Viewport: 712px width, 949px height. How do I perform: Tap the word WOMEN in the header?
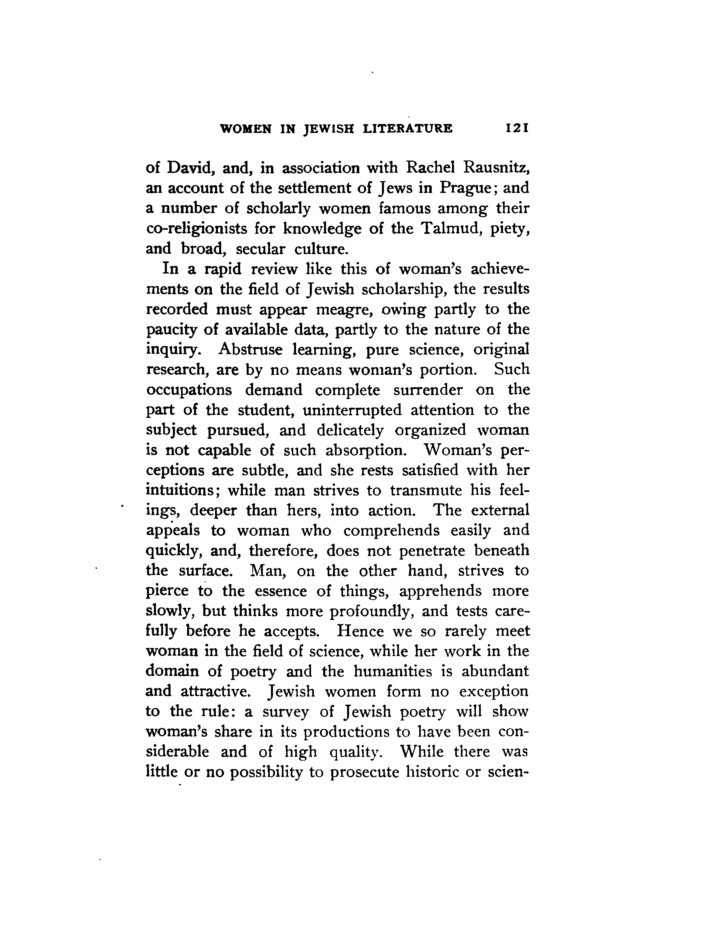[245, 129]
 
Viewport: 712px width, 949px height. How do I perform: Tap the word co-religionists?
[196, 229]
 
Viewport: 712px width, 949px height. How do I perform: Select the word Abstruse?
[250, 350]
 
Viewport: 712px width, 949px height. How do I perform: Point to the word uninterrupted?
[352, 410]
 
